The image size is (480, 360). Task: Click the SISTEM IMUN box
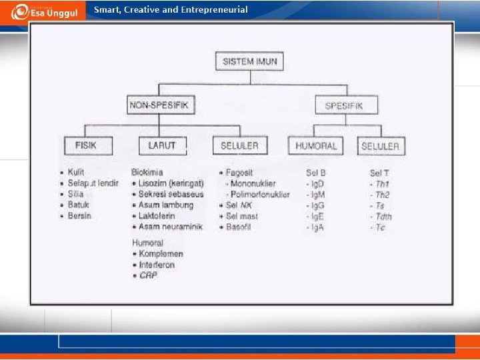[x=250, y=63]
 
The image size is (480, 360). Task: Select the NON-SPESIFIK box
[x=157, y=105]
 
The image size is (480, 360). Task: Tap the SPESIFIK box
[x=346, y=105]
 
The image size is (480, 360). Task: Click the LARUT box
[x=162, y=145]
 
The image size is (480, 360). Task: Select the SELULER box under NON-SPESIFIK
[x=239, y=145]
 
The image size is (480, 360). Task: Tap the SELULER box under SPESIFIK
[x=381, y=146]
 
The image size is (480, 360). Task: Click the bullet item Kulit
[x=76, y=173]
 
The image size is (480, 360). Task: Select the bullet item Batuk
[x=78, y=205]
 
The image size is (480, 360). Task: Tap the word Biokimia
[x=147, y=172]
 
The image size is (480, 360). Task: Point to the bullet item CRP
[x=148, y=275]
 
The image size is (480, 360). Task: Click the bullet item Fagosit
[x=239, y=173]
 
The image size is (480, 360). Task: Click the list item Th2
[x=381, y=195]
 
